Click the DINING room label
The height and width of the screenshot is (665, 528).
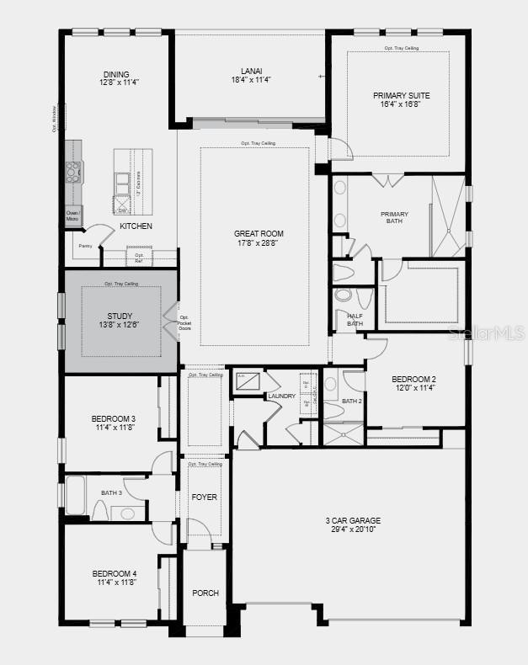(116, 73)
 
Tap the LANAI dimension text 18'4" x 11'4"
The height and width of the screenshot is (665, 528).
(250, 80)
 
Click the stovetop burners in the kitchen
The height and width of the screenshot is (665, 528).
(73, 173)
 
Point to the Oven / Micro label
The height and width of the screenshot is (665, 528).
(73, 216)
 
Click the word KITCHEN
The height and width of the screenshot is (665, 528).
(136, 227)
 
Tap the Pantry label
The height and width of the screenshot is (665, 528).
(85, 246)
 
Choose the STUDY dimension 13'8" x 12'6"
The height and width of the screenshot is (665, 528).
(120, 325)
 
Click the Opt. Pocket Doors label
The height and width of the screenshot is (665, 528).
(185, 322)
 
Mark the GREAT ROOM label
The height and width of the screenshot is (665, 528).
(259, 233)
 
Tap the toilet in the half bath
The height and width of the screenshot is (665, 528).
(345, 296)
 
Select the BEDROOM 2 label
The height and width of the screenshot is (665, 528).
(413, 380)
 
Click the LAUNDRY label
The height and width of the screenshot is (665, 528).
(281, 396)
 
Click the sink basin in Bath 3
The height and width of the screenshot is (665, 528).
(127, 513)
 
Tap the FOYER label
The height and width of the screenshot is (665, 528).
(205, 497)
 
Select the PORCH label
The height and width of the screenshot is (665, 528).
(205, 593)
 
